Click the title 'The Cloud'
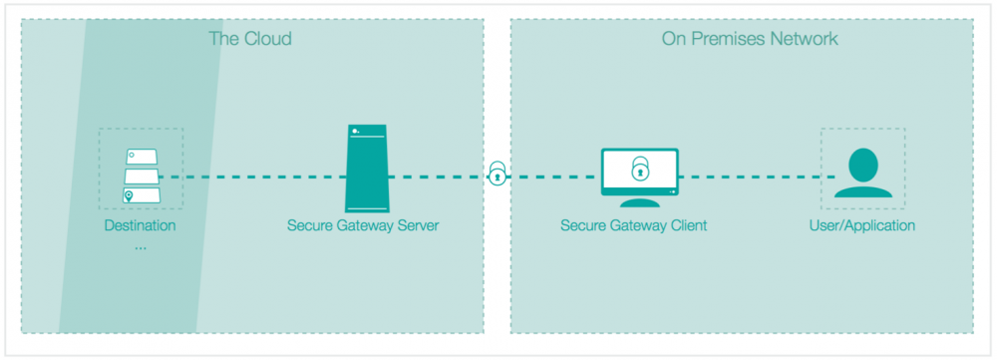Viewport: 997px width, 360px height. (249, 39)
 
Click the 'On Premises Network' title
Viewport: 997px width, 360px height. (749, 39)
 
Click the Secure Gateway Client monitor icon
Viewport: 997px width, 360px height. (639, 176)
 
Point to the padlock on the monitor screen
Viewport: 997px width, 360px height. (639, 171)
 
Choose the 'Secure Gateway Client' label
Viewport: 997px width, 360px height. (633, 225)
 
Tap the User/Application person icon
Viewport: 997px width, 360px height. (862, 174)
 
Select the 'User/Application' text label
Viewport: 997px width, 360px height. (862, 225)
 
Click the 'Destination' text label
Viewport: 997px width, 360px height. (140, 225)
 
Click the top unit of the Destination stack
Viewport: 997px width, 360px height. (142, 159)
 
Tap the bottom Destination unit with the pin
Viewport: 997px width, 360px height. (142, 195)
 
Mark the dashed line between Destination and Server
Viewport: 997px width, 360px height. (249, 178)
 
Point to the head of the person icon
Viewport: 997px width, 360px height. (863, 162)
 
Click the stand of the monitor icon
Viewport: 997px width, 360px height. (639, 204)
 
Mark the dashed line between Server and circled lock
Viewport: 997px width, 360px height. (439, 178)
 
